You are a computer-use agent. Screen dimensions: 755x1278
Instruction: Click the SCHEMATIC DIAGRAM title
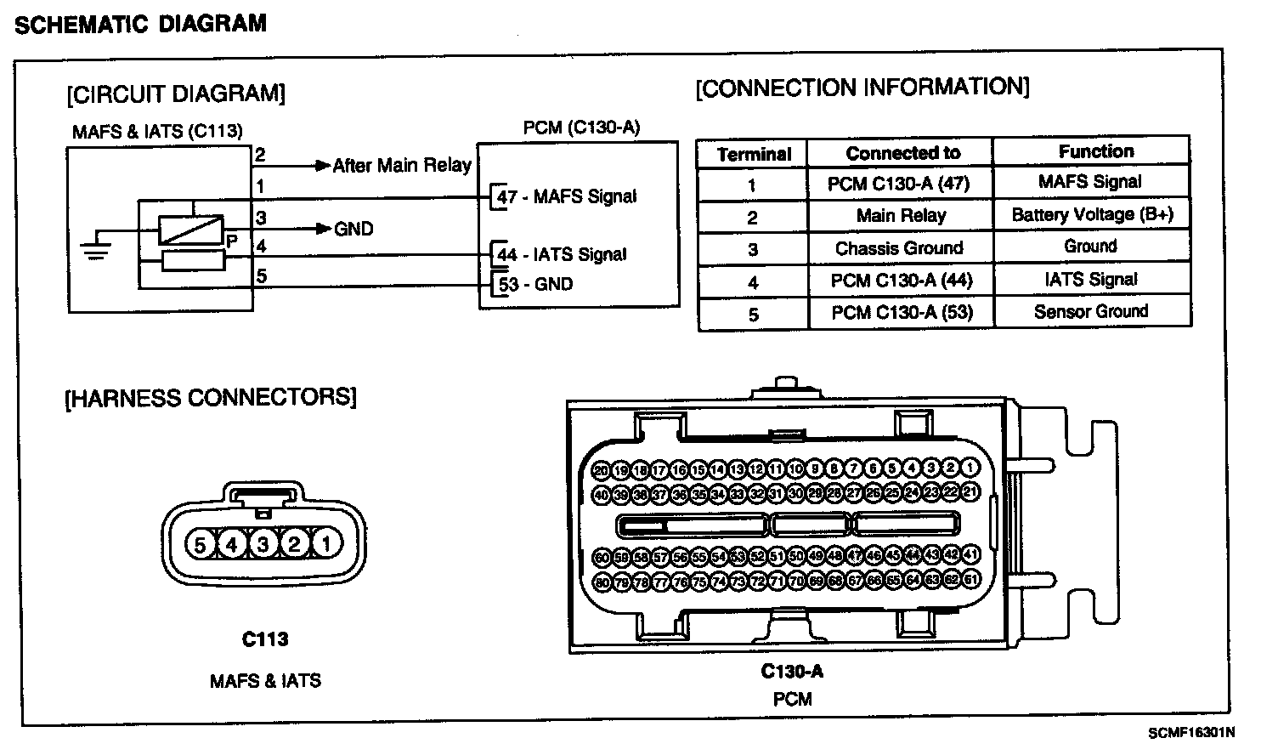click(140, 23)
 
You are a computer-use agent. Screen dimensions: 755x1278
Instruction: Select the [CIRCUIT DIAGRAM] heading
click(176, 94)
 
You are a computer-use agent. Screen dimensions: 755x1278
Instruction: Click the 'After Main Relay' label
click(401, 165)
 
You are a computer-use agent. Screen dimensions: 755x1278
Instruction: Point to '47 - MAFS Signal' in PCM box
click(566, 197)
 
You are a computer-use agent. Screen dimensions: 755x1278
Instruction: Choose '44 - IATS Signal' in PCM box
click(562, 254)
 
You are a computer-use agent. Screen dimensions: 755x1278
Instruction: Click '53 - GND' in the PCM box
click(535, 284)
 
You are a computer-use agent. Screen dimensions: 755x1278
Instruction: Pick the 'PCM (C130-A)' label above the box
click(581, 128)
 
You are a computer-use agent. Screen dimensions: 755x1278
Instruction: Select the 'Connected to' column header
click(902, 153)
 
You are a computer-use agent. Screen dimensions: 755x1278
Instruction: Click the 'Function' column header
click(1095, 151)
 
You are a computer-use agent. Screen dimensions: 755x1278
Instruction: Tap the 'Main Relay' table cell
click(901, 215)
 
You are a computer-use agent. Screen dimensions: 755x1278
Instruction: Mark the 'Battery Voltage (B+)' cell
click(1092, 214)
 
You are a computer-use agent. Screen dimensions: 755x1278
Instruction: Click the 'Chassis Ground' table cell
click(899, 248)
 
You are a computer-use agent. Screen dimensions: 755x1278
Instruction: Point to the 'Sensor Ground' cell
click(1091, 311)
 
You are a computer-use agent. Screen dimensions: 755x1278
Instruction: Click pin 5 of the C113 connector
click(201, 543)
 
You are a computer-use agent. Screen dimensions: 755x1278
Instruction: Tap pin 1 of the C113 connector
click(326, 543)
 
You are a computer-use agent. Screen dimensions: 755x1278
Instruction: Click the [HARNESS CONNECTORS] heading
click(211, 397)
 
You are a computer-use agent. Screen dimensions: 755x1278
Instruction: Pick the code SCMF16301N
click(1190, 732)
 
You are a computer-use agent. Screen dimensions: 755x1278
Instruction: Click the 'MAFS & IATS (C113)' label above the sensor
click(157, 132)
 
